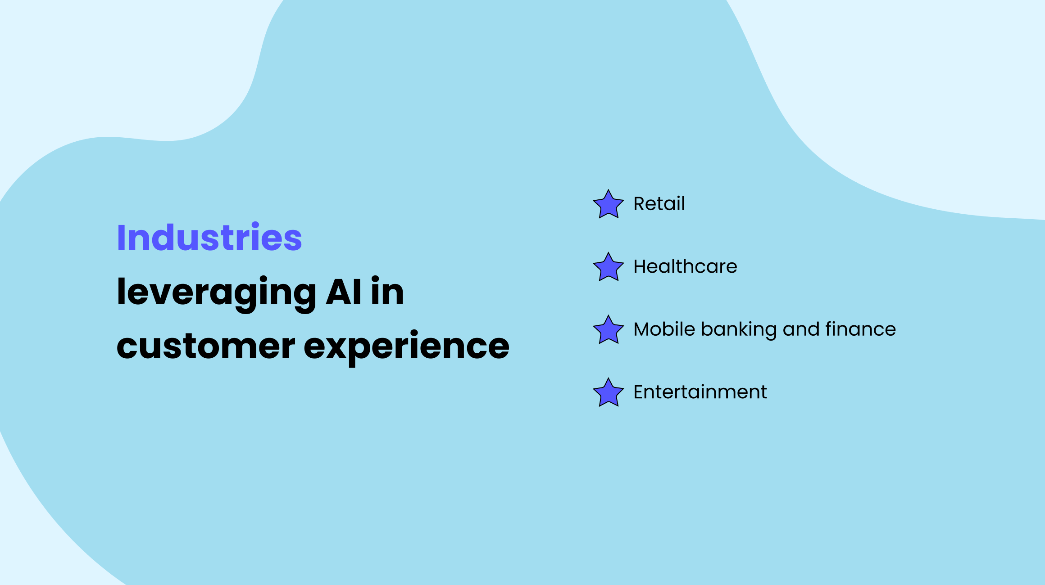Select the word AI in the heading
click(x=343, y=292)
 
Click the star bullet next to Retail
click(x=608, y=205)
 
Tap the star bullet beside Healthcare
click(x=608, y=267)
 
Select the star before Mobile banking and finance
click(x=608, y=330)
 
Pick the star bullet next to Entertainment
click(x=608, y=393)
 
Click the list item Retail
click(x=659, y=204)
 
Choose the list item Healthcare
click(x=685, y=266)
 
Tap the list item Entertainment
click(x=700, y=392)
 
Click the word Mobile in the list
click(x=664, y=329)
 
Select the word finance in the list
click(x=860, y=329)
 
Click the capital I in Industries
click(x=121, y=238)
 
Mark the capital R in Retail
click(x=639, y=204)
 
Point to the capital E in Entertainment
click(x=638, y=392)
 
